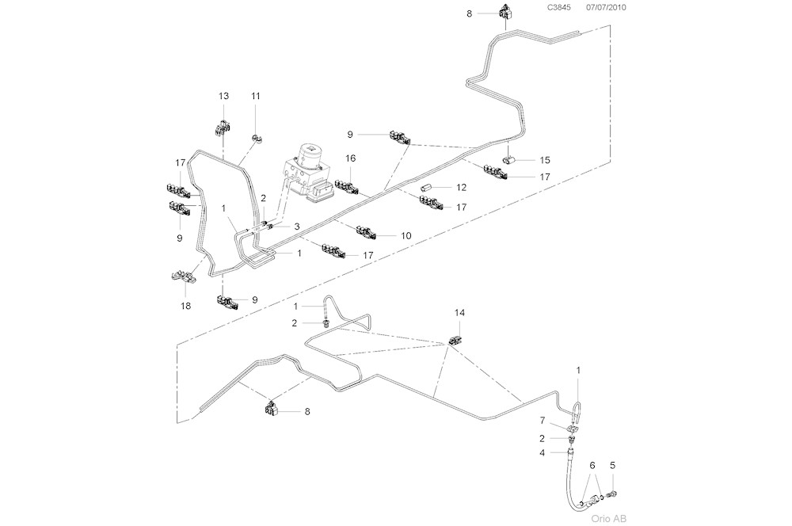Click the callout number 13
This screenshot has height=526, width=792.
[223, 96]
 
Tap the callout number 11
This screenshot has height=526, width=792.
[256, 96]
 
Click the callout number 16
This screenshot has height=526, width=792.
[350, 158]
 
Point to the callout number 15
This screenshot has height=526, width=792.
[544, 160]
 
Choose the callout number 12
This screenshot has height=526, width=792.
[461, 187]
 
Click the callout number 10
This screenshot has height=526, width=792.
[406, 235]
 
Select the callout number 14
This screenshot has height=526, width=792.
[459, 313]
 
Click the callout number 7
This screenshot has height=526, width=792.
[543, 419]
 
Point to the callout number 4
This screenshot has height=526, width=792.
[543, 453]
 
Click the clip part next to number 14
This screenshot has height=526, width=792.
[456, 340]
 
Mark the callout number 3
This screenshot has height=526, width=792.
[296, 227]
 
